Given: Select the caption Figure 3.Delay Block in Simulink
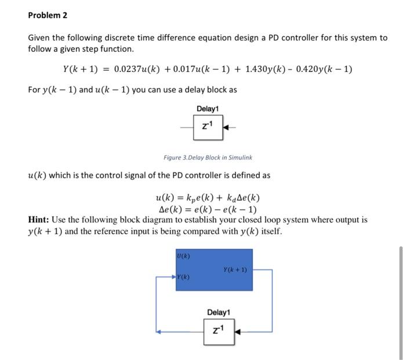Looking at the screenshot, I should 208,157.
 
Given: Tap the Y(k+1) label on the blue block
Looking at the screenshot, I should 235,269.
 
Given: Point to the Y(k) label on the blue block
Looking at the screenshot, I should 184,278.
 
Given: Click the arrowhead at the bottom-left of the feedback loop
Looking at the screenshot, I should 158,332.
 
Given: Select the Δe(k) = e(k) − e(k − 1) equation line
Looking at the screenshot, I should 208,210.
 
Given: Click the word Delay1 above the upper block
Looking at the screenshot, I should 208,109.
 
